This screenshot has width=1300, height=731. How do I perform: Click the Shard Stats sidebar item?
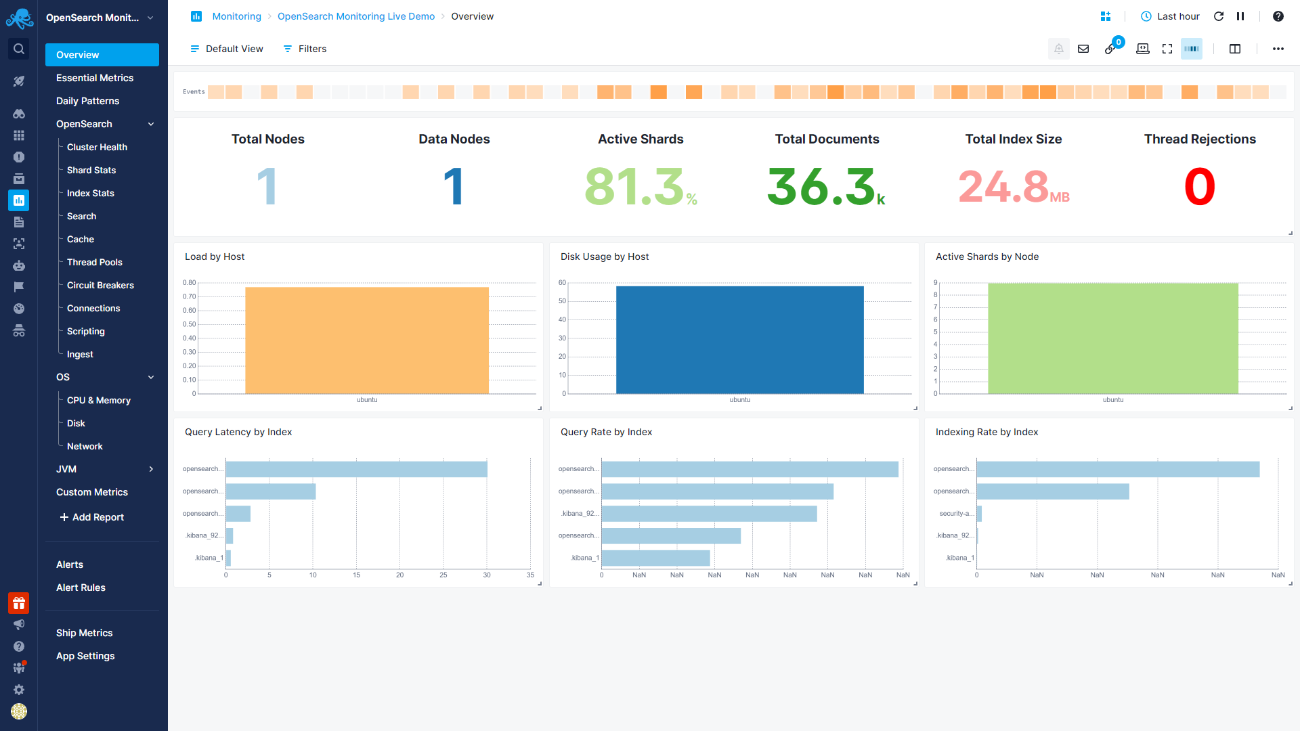coord(91,170)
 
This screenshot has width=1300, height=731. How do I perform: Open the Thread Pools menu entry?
coord(94,262)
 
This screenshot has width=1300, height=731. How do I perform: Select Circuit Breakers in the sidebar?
coord(100,285)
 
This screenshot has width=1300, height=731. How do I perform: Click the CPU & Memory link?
coord(98,400)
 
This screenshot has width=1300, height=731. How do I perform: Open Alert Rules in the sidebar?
coord(81,588)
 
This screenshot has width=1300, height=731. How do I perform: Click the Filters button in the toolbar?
coord(305,49)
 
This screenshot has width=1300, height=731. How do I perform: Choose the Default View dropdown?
coord(226,49)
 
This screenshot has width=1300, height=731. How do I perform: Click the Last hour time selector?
coord(1170,16)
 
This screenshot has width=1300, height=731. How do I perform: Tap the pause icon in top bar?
coord(1240,16)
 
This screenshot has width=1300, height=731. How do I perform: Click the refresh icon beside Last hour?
coord(1219,16)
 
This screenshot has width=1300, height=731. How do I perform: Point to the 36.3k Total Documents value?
coord(825,187)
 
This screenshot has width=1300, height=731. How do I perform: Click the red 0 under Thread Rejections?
coord(1199,187)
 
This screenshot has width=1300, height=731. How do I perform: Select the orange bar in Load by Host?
coord(366,340)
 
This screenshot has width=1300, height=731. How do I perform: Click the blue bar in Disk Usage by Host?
coord(739,340)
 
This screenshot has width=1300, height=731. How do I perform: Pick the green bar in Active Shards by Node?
coord(1112,338)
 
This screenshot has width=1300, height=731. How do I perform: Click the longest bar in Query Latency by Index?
coord(356,469)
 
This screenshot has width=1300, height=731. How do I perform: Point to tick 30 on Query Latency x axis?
coord(487,575)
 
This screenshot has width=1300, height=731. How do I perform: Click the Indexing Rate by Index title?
coord(987,432)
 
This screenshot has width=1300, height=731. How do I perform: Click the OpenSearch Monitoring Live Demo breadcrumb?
coord(355,16)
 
